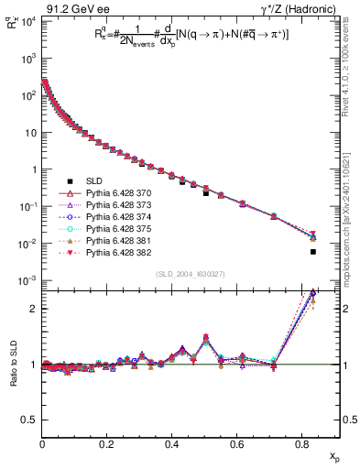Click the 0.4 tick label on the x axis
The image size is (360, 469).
172,445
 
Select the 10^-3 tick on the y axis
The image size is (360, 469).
28,280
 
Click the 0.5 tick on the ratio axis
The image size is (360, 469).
31,419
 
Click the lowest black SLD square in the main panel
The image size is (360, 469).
313,252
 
